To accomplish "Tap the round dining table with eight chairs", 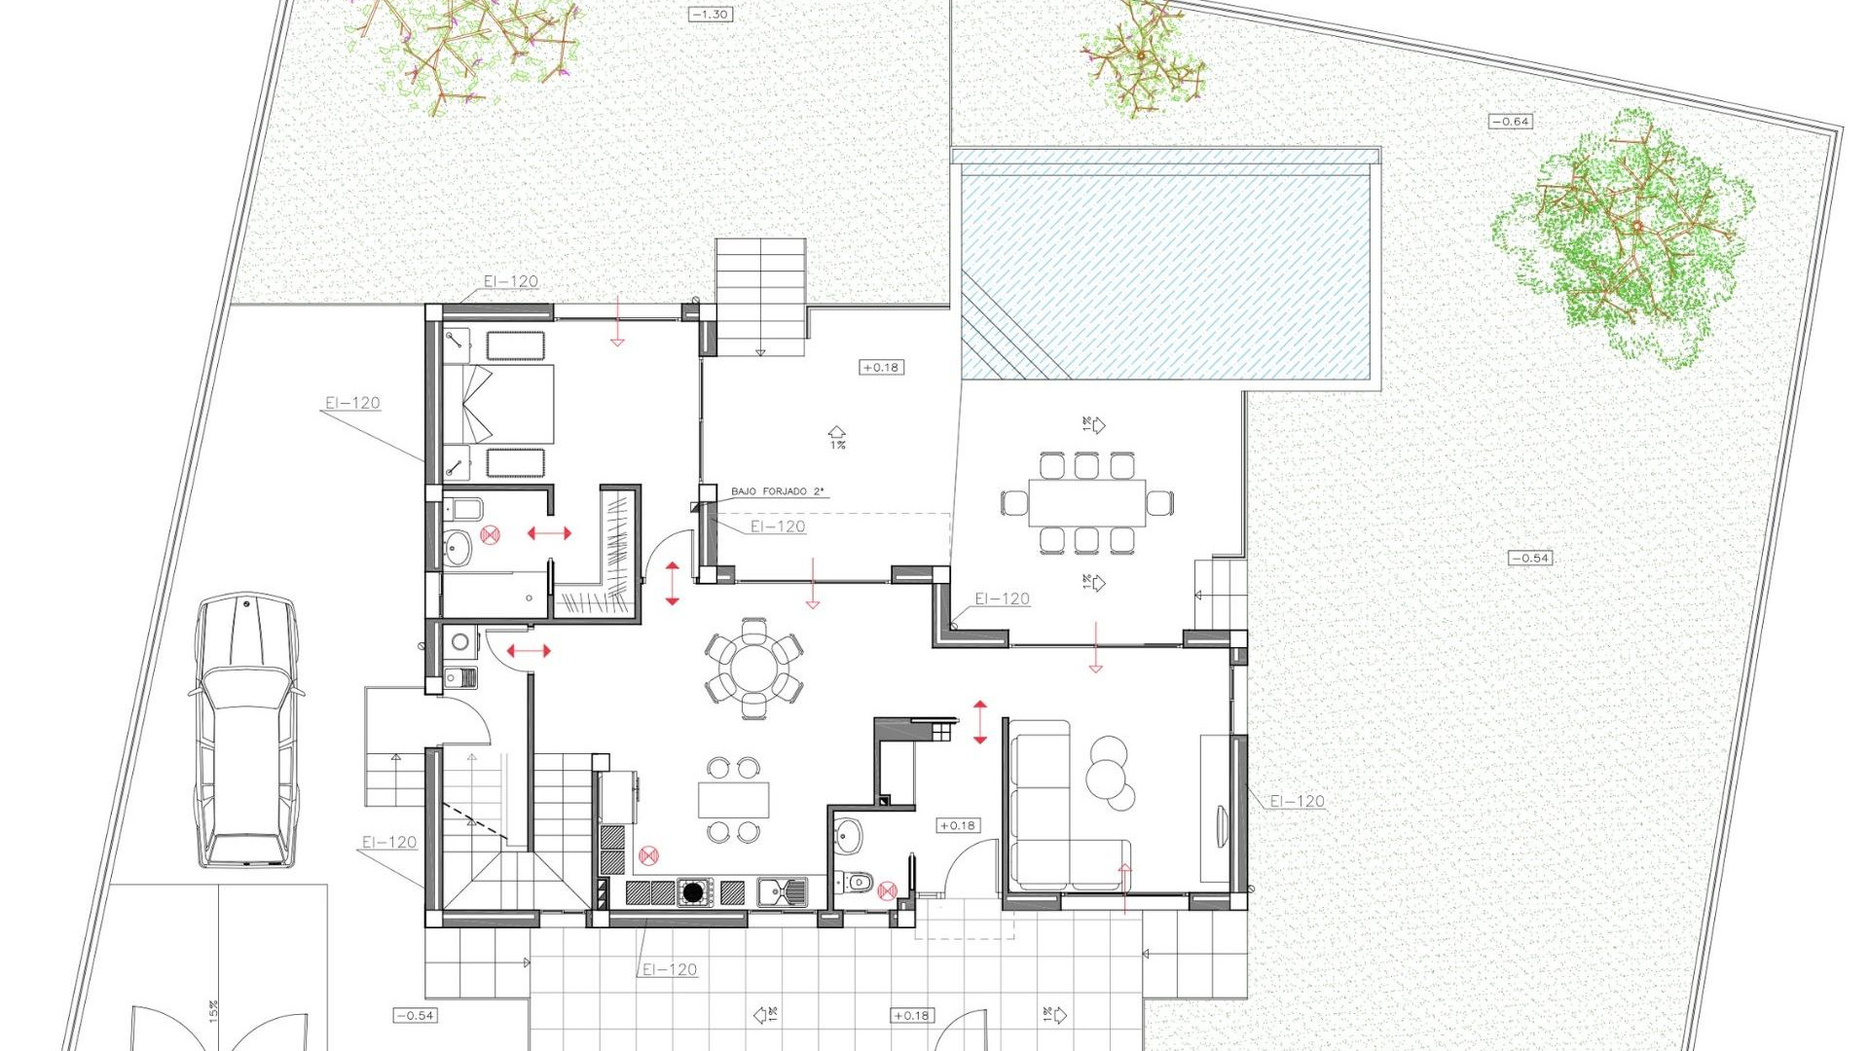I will [753, 669].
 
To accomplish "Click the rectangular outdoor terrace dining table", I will [1086, 503].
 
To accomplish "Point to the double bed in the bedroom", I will [499, 404].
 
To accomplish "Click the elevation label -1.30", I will [710, 15].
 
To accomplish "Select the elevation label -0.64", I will [1510, 122].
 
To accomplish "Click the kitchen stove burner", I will [693, 891].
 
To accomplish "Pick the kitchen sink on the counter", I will [782, 890].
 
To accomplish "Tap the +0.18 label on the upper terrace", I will [880, 368].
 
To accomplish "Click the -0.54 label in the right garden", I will [1529, 559].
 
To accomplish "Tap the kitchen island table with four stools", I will [733, 800].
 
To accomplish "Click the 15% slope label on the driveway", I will [213, 1011].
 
